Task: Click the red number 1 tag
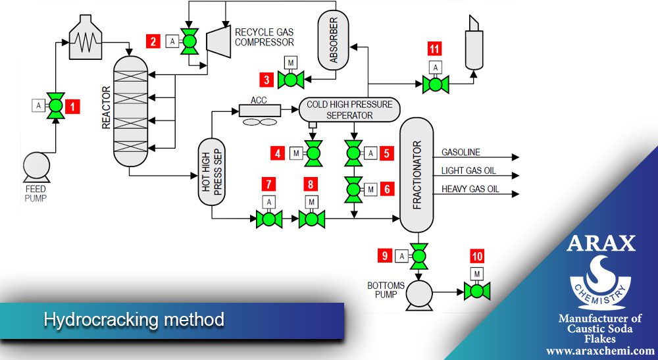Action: pyautogui.click(x=74, y=105)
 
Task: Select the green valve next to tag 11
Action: pyautogui.click(x=435, y=84)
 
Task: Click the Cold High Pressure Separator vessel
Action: pyautogui.click(x=349, y=110)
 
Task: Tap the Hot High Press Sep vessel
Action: pyautogui.click(x=212, y=178)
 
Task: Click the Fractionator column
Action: pyautogui.click(x=417, y=174)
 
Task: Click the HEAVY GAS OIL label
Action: pyautogui.click(x=470, y=190)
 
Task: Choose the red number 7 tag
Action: pyautogui.click(x=268, y=183)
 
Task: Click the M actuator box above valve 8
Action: pyautogui.click(x=312, y=202)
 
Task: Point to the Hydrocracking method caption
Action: pyautogui.click(x=134, y=321)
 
